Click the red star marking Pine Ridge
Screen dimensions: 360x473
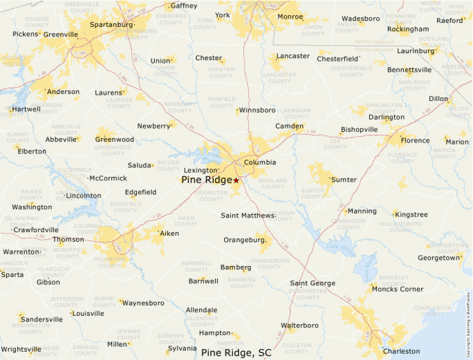click(x=236, y=180)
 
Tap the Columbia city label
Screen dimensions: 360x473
click(x=260, y=162)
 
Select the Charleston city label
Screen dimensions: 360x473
click(x=401, y=351)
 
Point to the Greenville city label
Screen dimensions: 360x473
click(x=60, y=34)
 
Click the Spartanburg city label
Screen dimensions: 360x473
click(x=111, y=25)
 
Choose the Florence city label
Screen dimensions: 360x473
click(x=415, y=140)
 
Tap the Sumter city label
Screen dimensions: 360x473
click(x=344, y=180)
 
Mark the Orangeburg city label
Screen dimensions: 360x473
click(x=245, y=240)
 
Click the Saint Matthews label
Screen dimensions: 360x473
click(x=248, y=216)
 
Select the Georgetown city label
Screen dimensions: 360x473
click(x=439, y=258)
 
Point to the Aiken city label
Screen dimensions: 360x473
click(x=169, y=234)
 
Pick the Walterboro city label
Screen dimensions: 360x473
click(x=299, y=325)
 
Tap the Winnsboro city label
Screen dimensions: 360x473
click(x=257, y=110)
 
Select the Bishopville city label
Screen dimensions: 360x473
click(x=360, y=130)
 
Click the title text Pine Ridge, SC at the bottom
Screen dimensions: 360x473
click(x=236, y=352)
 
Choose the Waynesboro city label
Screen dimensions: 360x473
click(x=143, y=303)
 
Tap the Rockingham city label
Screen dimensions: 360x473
click(x=408, y=29)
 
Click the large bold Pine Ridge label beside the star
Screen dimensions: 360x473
click(x=206, y=180)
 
